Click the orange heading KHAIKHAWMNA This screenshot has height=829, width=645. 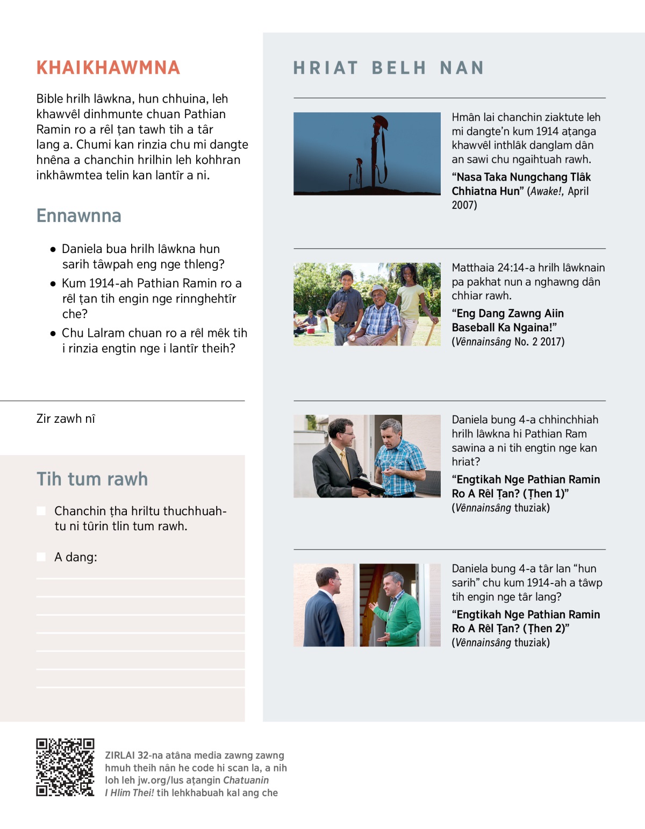click(x=108, y=68)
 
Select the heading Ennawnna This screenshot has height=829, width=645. click(x=79, y=216)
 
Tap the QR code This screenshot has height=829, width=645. click(x=65, y=767)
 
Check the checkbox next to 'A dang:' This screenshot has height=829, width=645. click(x=41, y=557)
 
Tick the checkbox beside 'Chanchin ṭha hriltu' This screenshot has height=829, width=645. click(x=41, y=511)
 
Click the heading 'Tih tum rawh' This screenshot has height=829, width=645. click(x=92, y=479)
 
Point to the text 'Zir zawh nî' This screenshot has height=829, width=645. click(x=66, y=419)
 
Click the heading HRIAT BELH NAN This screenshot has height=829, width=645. click(x=389, y=68)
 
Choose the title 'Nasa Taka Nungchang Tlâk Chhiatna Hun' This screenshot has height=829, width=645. click(x=521, y=184)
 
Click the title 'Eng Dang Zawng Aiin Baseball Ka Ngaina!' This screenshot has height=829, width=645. click(x=507, y=320)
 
